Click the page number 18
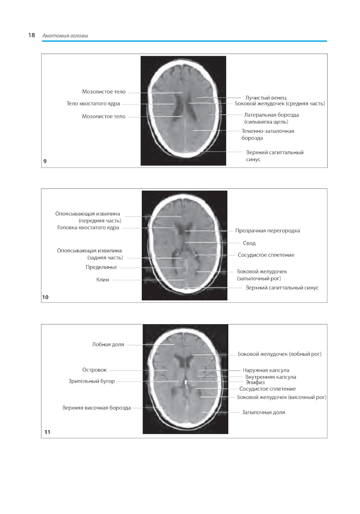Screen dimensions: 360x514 point(31,35)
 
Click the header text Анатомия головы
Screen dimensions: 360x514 point(65,36)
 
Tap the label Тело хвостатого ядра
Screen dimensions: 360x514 point(93,104)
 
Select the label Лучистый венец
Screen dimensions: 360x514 point(266,98)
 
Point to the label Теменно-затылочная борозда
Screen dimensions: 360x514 point(268,135)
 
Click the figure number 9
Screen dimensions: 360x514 point(45,161)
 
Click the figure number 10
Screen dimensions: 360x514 point(45,297)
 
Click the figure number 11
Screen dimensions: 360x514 point(47,432)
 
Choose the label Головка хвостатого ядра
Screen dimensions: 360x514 point(88,227)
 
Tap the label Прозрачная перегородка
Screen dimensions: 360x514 point(267,231)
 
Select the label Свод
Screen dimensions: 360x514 point(249,243)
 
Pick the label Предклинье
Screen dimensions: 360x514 point(101,267)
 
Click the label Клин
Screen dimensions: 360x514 point(103,280)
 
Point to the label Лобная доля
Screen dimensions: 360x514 point(108,345)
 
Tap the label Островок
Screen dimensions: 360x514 point(94,370)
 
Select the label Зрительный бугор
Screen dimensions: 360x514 point(91,381)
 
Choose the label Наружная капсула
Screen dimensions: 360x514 point(266,370)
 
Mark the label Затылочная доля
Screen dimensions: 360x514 point(264,412)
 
